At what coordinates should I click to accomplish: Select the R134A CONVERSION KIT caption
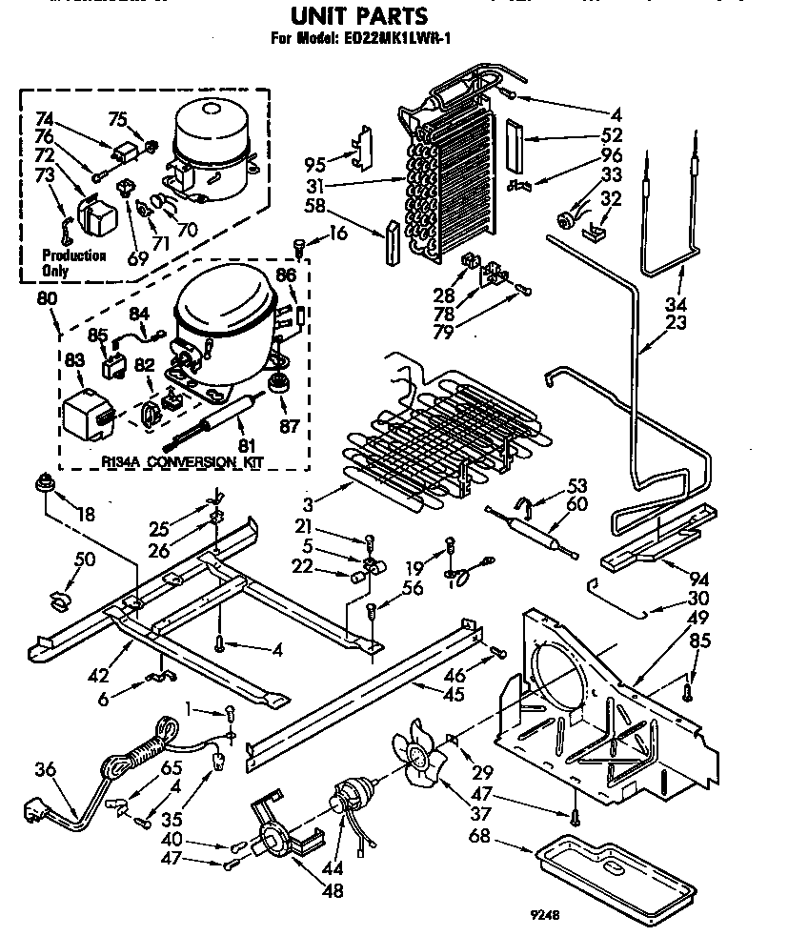(181, 462)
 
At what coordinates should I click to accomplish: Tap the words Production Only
(73, 263)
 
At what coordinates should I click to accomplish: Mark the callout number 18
(86, 515)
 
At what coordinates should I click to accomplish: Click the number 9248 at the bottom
(543, 914)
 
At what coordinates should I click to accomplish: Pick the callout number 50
(85, 560)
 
